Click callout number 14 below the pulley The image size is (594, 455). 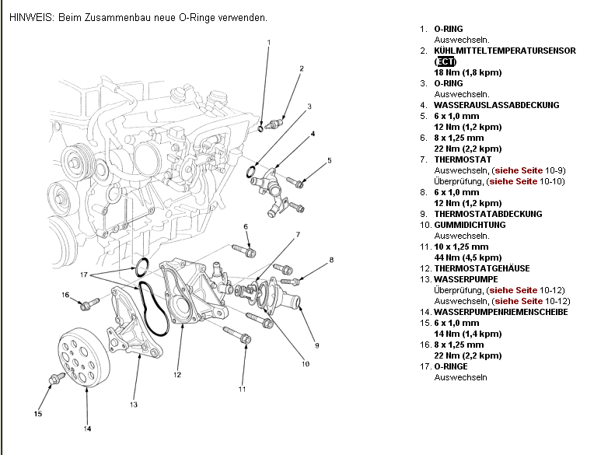click(88, 429)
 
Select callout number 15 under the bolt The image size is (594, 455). click(37, 414)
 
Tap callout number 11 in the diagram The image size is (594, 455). click(242, 389)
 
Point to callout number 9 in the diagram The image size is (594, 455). click(316, 344)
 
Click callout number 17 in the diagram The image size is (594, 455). click(84, 275)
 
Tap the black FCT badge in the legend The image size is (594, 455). click(445, 61)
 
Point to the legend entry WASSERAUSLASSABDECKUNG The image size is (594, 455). click(496, 105)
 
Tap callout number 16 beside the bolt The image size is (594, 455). click(65, 295)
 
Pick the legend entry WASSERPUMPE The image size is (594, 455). click(466, 279)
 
